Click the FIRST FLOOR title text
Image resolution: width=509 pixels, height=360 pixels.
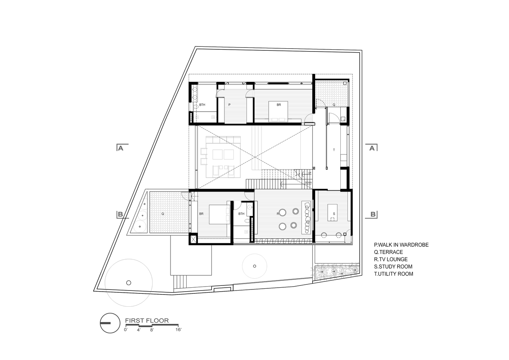pos(146,320)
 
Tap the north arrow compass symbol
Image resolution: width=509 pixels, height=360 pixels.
pos(110,323)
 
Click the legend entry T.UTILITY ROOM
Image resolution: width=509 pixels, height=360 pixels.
pos(394,274)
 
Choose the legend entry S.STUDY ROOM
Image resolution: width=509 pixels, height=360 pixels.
pos(393,266)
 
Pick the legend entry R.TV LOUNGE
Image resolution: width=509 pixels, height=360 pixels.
pos(391,259)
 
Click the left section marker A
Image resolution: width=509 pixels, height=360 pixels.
pos(121,148)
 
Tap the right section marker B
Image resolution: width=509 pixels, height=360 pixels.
pos(373,215)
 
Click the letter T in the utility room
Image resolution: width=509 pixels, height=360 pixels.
pos(334,150)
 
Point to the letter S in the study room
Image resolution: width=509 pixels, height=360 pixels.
pos(334,213)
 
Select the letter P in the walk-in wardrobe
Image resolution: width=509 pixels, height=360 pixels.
pos(229,105)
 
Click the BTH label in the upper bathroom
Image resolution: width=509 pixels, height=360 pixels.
pos(202,105)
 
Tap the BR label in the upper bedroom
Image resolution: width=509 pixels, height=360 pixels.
pos(278,105)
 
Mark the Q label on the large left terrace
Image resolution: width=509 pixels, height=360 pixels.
pos(163,213)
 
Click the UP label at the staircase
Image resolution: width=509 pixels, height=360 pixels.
pos(309,173)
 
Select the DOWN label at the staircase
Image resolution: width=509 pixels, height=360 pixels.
pos(308,183)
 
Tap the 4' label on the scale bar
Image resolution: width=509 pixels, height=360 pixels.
pos(138,329)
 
